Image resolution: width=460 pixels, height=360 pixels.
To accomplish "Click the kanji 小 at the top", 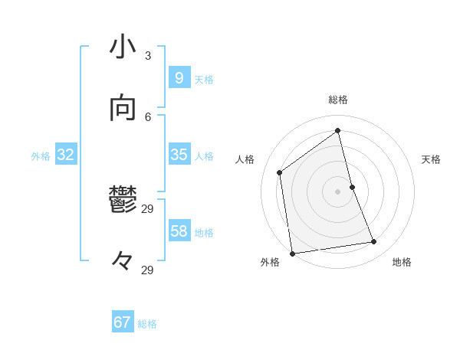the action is pyautogui.click(x=123, y=47).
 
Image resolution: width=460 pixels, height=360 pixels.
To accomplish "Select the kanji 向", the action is pyautogui.click(x=123, y=110).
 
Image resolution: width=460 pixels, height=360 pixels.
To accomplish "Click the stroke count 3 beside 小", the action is pyautogui.click(x=148, y=55).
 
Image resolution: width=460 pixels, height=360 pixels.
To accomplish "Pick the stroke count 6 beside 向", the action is pyautogui.click(x=148, y=116).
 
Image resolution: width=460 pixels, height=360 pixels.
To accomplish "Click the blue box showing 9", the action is pyautogui.click(x=179, y=78).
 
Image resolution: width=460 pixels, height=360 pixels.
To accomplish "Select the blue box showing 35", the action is pyautogui.click(x=179, y=155).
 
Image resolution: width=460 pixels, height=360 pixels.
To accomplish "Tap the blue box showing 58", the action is pyautogui.click(x=179, y=231).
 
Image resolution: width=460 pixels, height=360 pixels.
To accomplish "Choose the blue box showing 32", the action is pyautogui.click(x=66, y=155).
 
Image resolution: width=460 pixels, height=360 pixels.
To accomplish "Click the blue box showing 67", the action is pyautogui.click(x=123, y=322).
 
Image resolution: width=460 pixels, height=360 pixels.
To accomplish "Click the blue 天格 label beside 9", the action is pyautogui.click(x=204, y=80).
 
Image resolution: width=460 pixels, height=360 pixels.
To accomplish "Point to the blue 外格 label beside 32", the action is pyautogui.click(x=41, y=156).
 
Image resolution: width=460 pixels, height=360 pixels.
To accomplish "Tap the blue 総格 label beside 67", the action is pyautogui.click(x=147, y=324).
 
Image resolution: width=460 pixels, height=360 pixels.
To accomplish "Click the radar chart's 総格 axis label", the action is pyautogui.click(x=338, y=100).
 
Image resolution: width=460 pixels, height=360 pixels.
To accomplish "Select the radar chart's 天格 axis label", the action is pyautogui.click(x=432, y=159).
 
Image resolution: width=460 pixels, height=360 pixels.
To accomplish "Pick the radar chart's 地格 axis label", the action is pyautogui.click(x=402, y=262).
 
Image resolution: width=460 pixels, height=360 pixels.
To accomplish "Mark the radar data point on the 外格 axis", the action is pyautogui.click(x=292, y=253).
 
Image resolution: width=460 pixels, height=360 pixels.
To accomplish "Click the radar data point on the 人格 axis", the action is pyautogui.click(x=280, y=172).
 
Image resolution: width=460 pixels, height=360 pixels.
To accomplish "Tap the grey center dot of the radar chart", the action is pyautogui.click(x=338, y=191).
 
